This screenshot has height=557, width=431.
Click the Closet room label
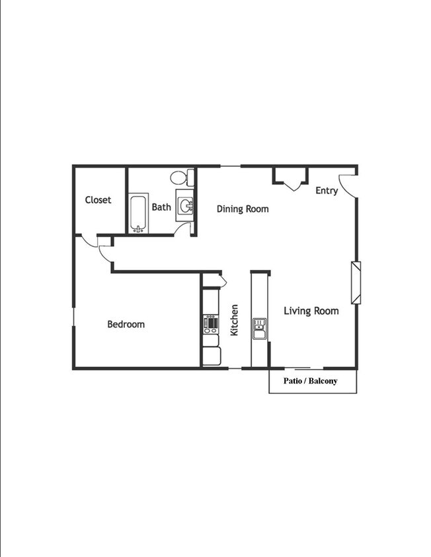click(98, 200)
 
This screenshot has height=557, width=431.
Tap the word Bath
click(161, 207)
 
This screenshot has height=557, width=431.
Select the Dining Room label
click(243, 209)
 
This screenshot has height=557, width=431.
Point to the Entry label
click(327, 191)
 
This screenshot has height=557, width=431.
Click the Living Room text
click(311, 311)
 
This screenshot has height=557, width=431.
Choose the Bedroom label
click(126, 324)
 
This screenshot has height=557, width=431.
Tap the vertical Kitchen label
click(234, 320)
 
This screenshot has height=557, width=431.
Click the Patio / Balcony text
click(310, 381)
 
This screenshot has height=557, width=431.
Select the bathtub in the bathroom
click(138, 213)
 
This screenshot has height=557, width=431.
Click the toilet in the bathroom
click(180, 178)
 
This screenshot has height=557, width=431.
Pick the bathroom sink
click(185, 205)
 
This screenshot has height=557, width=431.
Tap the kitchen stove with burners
click(211, 323)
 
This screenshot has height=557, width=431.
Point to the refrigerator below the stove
click(211, 355)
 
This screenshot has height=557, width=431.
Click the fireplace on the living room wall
click(356, 282)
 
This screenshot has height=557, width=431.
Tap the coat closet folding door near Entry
click(291, 180)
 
